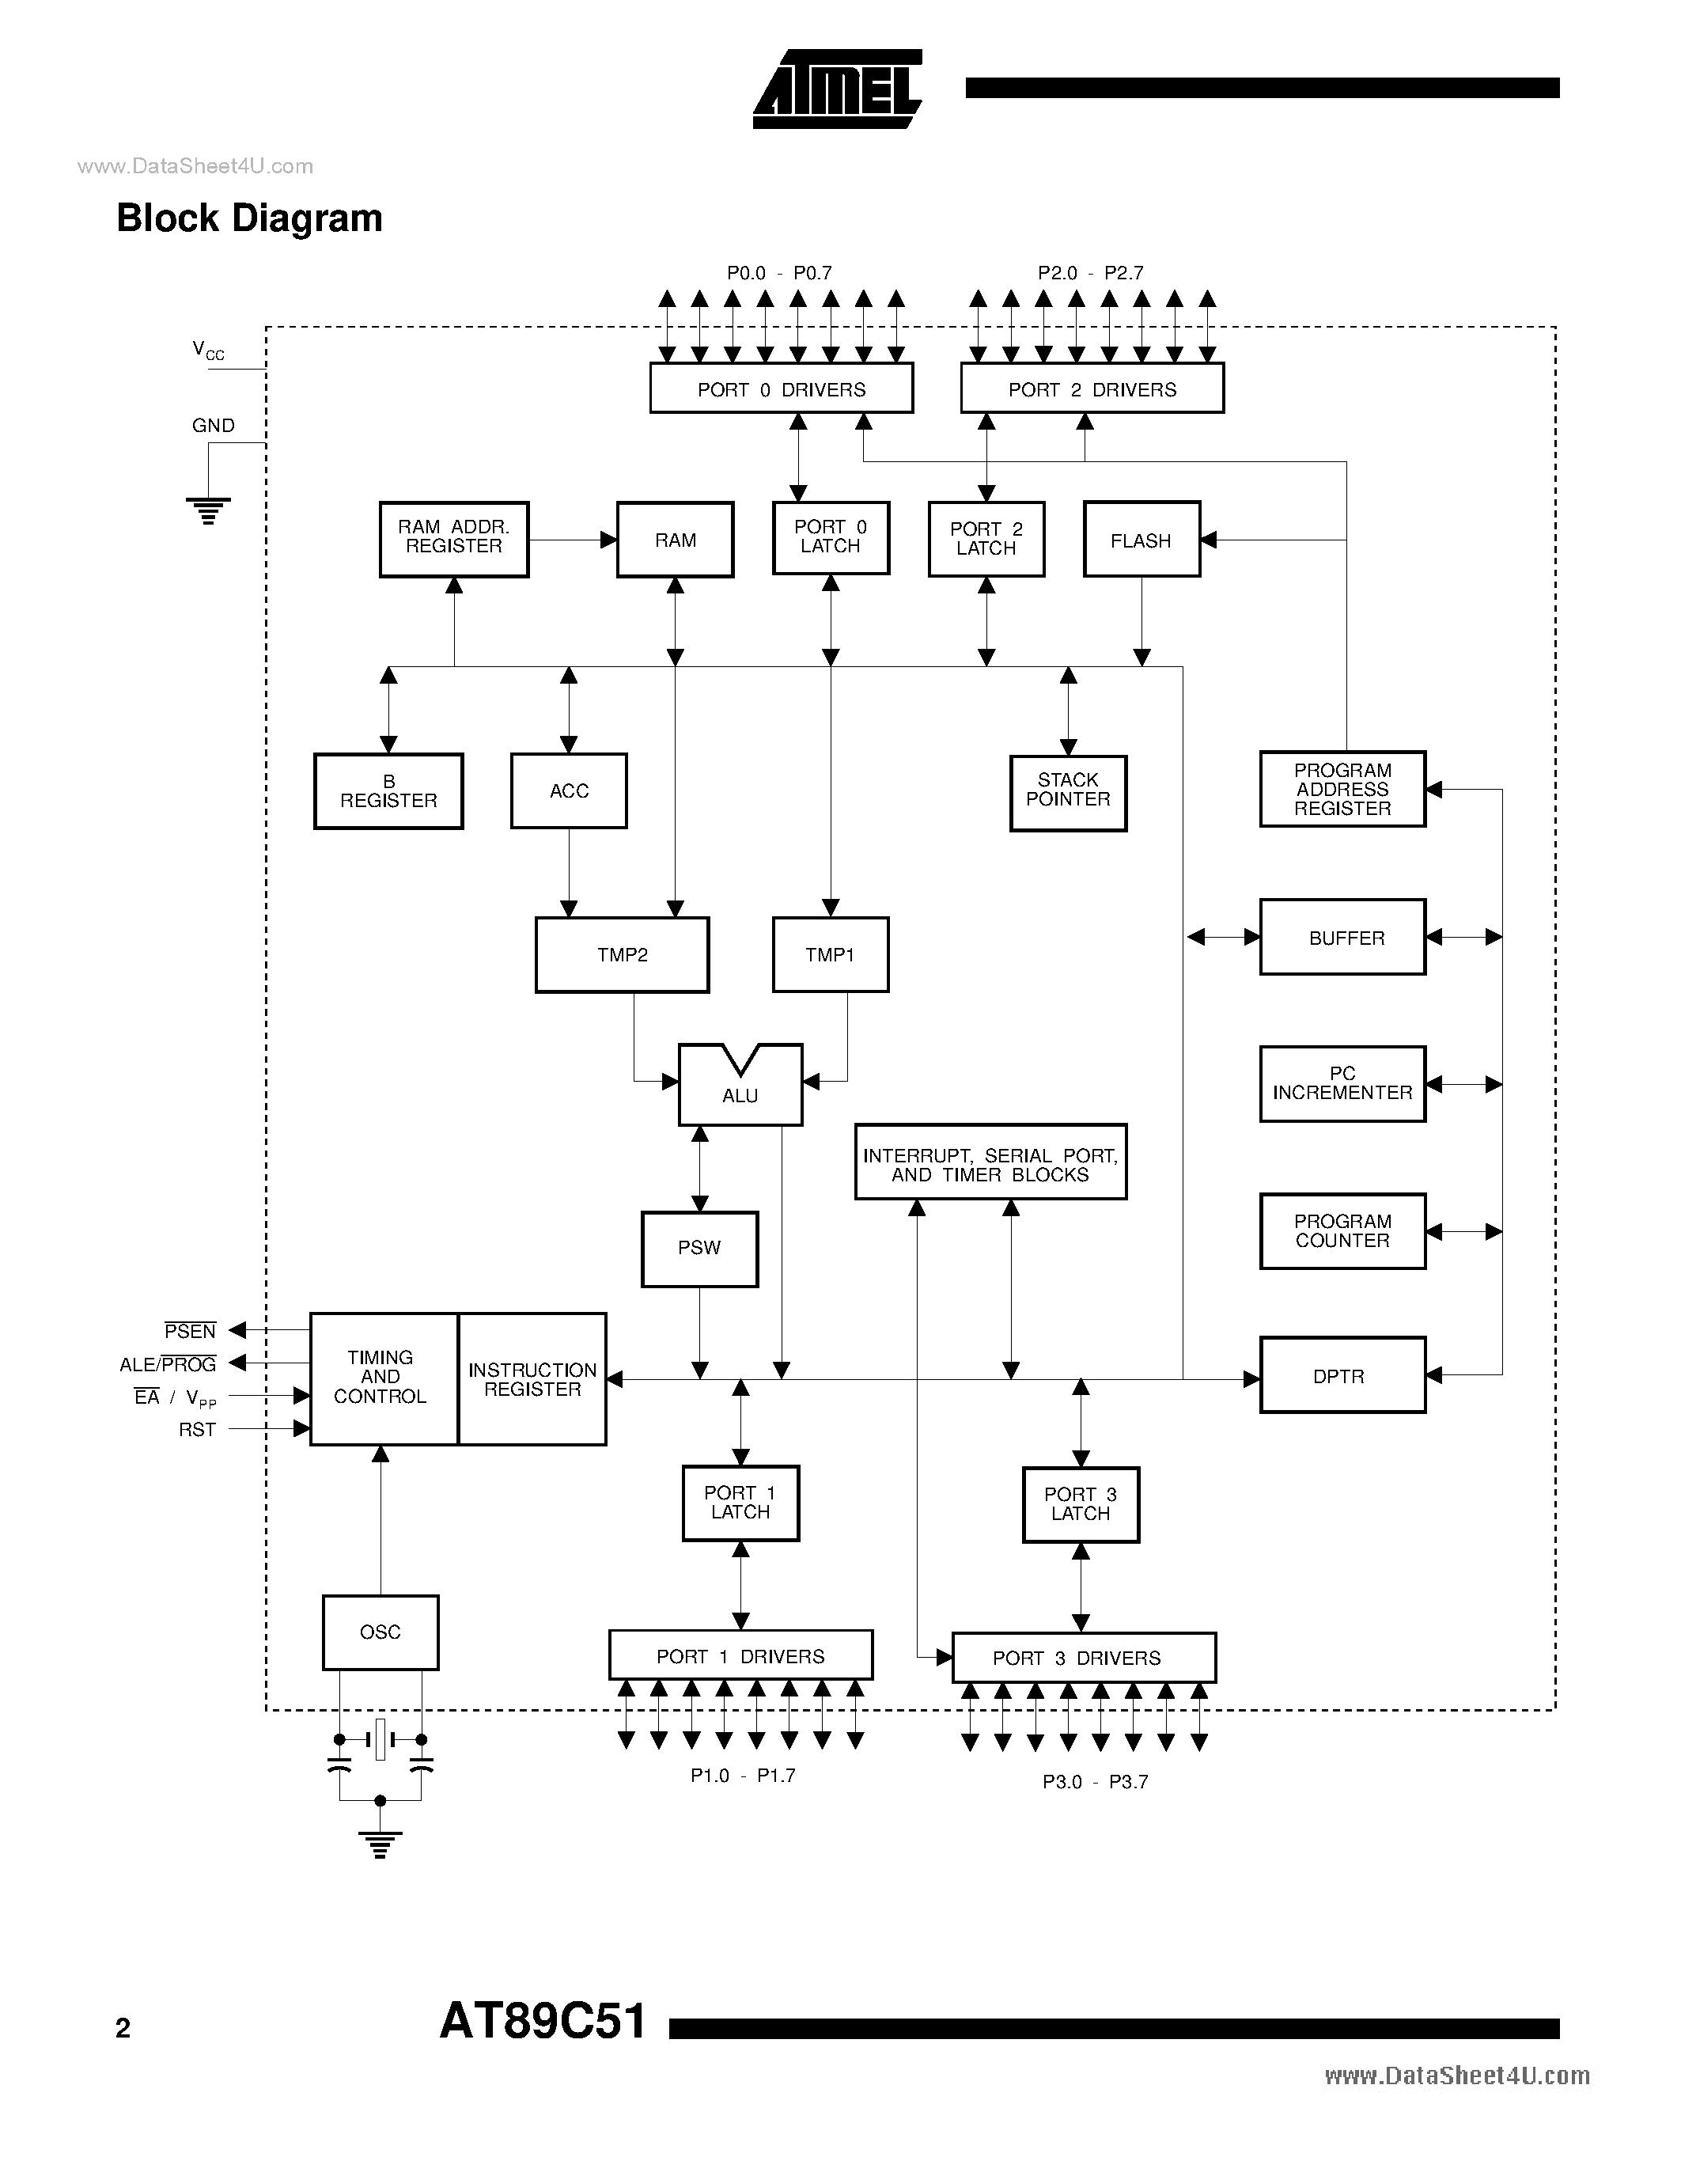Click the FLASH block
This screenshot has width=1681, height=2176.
pos(1141,539)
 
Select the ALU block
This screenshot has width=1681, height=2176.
pos(740,1088)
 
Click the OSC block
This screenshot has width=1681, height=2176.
pos(380,1632)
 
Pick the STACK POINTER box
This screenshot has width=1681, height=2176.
pos(1068,791)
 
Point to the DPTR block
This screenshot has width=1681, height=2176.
pos(1342,1375)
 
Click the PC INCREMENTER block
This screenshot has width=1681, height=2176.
pos(1342,1083)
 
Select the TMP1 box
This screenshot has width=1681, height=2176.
pos(830,954)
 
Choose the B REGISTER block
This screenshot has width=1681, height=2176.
pos(388,791)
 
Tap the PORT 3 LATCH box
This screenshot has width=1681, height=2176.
pos(1081,1504)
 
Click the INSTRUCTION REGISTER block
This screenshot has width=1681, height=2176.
pos(532,1379)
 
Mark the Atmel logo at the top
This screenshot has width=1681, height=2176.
pos(836,89)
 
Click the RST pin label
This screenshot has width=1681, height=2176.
pos(197,1430)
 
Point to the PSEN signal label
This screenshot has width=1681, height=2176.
pos(190,1331)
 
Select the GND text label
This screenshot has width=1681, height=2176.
pos(213,426)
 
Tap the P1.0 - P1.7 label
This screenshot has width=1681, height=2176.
pos(742,1776)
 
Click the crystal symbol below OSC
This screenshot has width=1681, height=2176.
pos(380,1739)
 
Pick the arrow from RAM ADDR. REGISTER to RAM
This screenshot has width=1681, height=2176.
pos(572,540)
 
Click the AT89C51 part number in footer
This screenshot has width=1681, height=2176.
pos(543,2022)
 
